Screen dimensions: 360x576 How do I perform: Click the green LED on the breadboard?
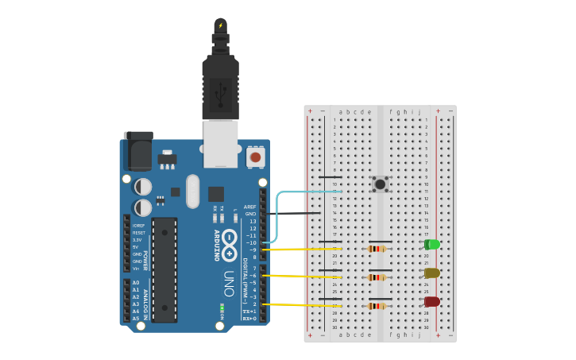coord(432,245)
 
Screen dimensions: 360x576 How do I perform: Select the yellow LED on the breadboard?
coord(431,273)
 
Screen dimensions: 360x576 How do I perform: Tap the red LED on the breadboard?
coord(431,302)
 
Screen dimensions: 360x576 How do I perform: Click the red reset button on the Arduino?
coord(255,157)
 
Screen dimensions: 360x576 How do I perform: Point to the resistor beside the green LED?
coord(377,249)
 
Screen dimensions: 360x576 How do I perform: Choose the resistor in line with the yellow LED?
coord(377,277)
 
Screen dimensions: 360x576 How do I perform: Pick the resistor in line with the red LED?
coord(377,306)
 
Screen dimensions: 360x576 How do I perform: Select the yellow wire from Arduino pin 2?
coord(302,304)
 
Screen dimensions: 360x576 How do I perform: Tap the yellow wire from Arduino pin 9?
coord(302,250)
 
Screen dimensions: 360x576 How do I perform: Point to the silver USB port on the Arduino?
coord(220,144)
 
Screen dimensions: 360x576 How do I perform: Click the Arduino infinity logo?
coord(229,245)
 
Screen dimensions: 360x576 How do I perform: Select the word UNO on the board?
coord(228,284)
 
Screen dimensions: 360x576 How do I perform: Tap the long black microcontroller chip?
coord(164,269)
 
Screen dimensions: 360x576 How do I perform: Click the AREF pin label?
coord(250,207)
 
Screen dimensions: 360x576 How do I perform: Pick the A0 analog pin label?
coord(135,283)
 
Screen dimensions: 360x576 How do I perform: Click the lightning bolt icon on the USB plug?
coord(221,25)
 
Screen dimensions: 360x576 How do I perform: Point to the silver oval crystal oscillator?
coord(192,191)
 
